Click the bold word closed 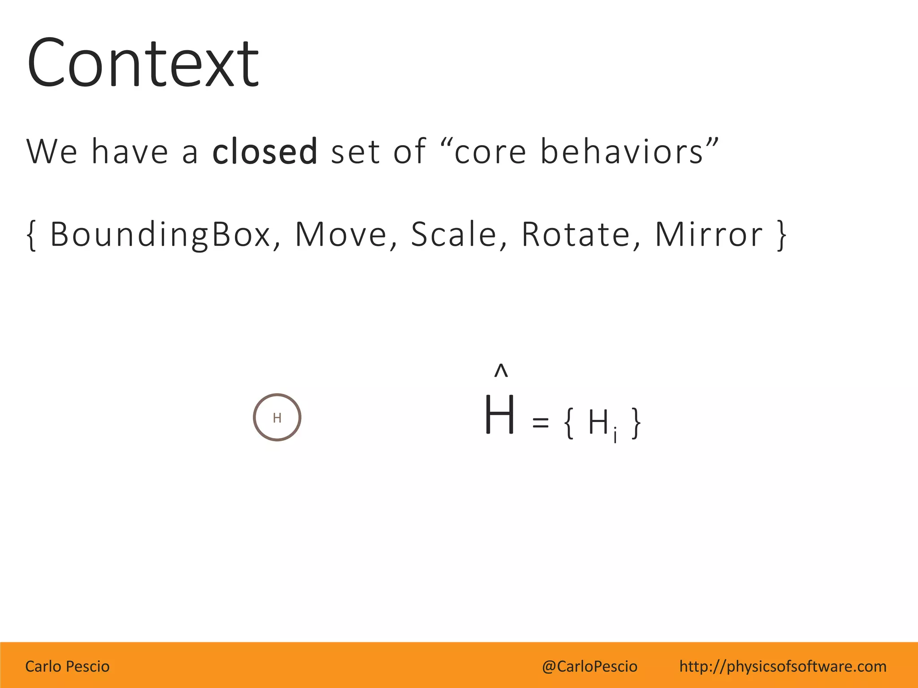(264, 151)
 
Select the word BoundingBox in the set (160, 235)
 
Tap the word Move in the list (341, 235)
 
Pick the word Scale (454, 235)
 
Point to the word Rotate (576, 235)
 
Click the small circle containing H (277, 417)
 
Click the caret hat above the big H (501, 371)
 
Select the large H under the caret (499, 415)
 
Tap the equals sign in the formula (540, 422)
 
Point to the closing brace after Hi (636, 423)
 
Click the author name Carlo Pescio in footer (67, 666)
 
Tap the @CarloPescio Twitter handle (589, 666)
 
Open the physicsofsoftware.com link (783, 666)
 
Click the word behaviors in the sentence (622, 151)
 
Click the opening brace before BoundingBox (31, 235)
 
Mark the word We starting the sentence (52, 151)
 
